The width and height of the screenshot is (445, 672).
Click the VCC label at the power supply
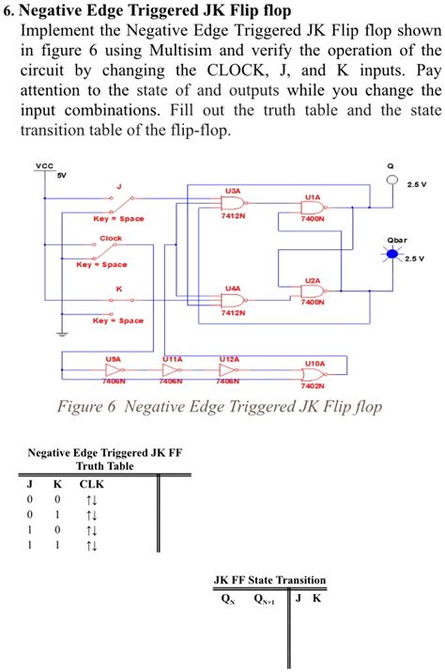coord(43,167)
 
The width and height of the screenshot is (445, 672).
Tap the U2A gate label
coord(312,280)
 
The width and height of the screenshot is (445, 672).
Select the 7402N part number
coord(314,385)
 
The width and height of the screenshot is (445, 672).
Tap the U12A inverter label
coord(229,359)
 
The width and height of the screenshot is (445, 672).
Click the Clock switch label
coord(111,238)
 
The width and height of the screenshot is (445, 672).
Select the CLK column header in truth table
coord(91,484)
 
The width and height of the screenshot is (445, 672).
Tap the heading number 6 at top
coord(8,9)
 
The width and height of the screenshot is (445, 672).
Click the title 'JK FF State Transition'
coord(270,580)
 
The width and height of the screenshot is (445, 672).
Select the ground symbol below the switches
coord(61,333)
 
